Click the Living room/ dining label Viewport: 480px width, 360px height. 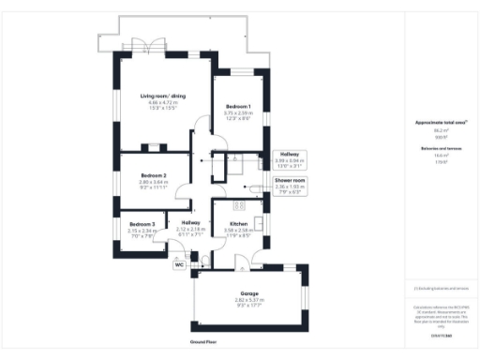coord(161,97)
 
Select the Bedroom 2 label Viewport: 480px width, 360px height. coord(154,176)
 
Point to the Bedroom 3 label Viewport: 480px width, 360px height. coord(142,224)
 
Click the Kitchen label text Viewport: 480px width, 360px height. coord(238,224)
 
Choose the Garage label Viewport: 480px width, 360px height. coord(249,293)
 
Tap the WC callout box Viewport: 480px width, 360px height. coord(179,265)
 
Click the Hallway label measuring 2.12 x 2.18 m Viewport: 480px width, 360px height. coord(190,222)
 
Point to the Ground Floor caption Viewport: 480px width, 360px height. coord(203,342)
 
